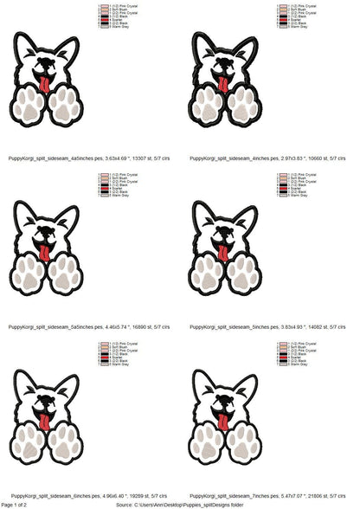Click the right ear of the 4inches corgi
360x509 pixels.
coord(248,48)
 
